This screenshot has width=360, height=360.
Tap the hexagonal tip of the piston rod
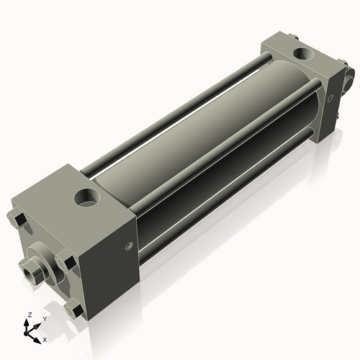(x=30, y=272)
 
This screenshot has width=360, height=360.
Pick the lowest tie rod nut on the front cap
(x=74, y=310)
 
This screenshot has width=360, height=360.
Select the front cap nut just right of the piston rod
(x=66, y=262)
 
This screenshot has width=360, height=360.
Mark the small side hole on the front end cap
(x=130, y=247)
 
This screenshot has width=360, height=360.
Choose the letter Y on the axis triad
(x=44, y=318)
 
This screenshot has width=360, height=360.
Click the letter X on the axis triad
(x=45, y=338)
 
